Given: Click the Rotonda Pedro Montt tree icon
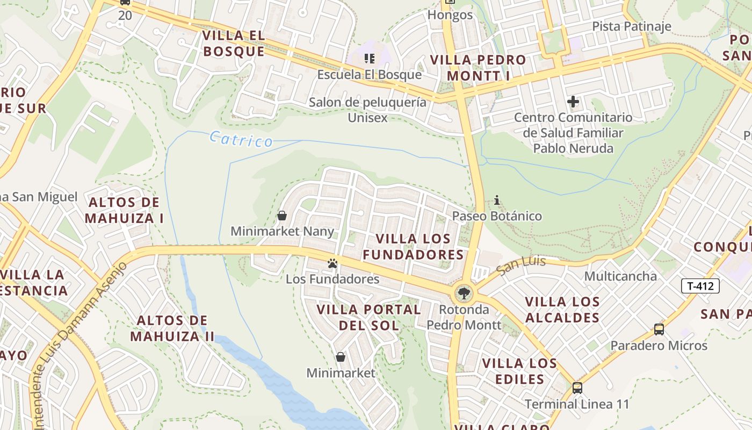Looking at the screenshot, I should (463, 293).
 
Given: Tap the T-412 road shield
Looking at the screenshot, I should (700, 285).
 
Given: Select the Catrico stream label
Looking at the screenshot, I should (241, 139).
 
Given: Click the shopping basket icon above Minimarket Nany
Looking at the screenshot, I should (282, 216).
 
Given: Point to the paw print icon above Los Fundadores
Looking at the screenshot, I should (333, 263).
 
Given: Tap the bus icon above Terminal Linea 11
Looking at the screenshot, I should (577, 388).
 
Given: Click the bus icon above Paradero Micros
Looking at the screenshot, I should (659, 329).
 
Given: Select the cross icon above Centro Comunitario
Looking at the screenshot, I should (573, 101).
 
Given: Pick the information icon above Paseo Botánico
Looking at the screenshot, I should (497, 200).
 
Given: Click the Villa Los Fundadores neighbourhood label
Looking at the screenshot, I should (413, 246).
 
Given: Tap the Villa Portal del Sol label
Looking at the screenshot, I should (369, 317).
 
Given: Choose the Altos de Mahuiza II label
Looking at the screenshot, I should (172, 328).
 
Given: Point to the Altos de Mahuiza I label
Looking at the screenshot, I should (124, 210).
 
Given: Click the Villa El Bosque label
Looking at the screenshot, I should (234, 44).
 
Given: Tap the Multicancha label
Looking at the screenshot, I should (620, 276).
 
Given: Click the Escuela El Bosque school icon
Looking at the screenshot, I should (369, 58).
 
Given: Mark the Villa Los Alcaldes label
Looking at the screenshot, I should (562, 309).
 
